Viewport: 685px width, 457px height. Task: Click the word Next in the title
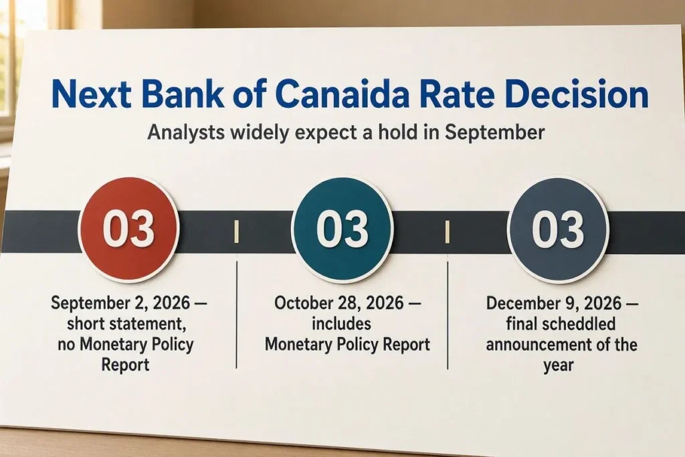tap(91, 94)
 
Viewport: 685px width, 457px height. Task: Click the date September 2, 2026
tap(120, 302)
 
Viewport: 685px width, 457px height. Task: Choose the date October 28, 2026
tap(338, 302)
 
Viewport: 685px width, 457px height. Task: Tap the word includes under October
tap(341, 324)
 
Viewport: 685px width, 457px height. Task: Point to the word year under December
tap(559, 365)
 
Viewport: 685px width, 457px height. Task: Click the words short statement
tap(124, 324)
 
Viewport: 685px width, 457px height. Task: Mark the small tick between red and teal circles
tap(236, 231)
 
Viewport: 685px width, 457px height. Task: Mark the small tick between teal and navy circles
tap(448, 231)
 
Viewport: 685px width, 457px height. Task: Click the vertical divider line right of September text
tap(236, 314)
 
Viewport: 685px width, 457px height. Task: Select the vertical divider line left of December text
tap(448, 315)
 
